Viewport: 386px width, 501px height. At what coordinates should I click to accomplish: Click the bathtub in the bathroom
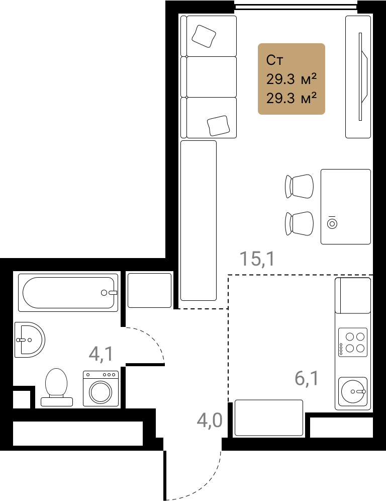(68, 292)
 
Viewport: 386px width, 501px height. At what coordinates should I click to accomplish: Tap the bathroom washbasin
(30, 340)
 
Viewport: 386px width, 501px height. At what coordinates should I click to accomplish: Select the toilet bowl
(56, 387)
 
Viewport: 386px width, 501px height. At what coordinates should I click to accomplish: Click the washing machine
(101, 388)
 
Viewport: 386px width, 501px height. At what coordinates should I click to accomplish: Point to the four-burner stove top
(353, 342)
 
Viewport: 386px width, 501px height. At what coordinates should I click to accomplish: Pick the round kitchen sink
(353, 391)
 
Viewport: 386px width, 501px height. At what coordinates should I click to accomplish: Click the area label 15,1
(257, 259)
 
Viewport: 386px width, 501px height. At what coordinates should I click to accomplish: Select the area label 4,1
(101, 354)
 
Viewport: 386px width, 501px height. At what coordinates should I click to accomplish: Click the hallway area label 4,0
(210, 420)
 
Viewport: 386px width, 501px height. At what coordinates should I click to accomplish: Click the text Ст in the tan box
(274, 60)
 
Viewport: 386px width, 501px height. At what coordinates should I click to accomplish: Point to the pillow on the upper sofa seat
(204, 36)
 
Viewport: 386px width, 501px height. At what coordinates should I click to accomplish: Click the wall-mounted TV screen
(363, 76)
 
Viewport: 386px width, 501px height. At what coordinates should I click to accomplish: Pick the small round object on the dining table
(332, 224)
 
